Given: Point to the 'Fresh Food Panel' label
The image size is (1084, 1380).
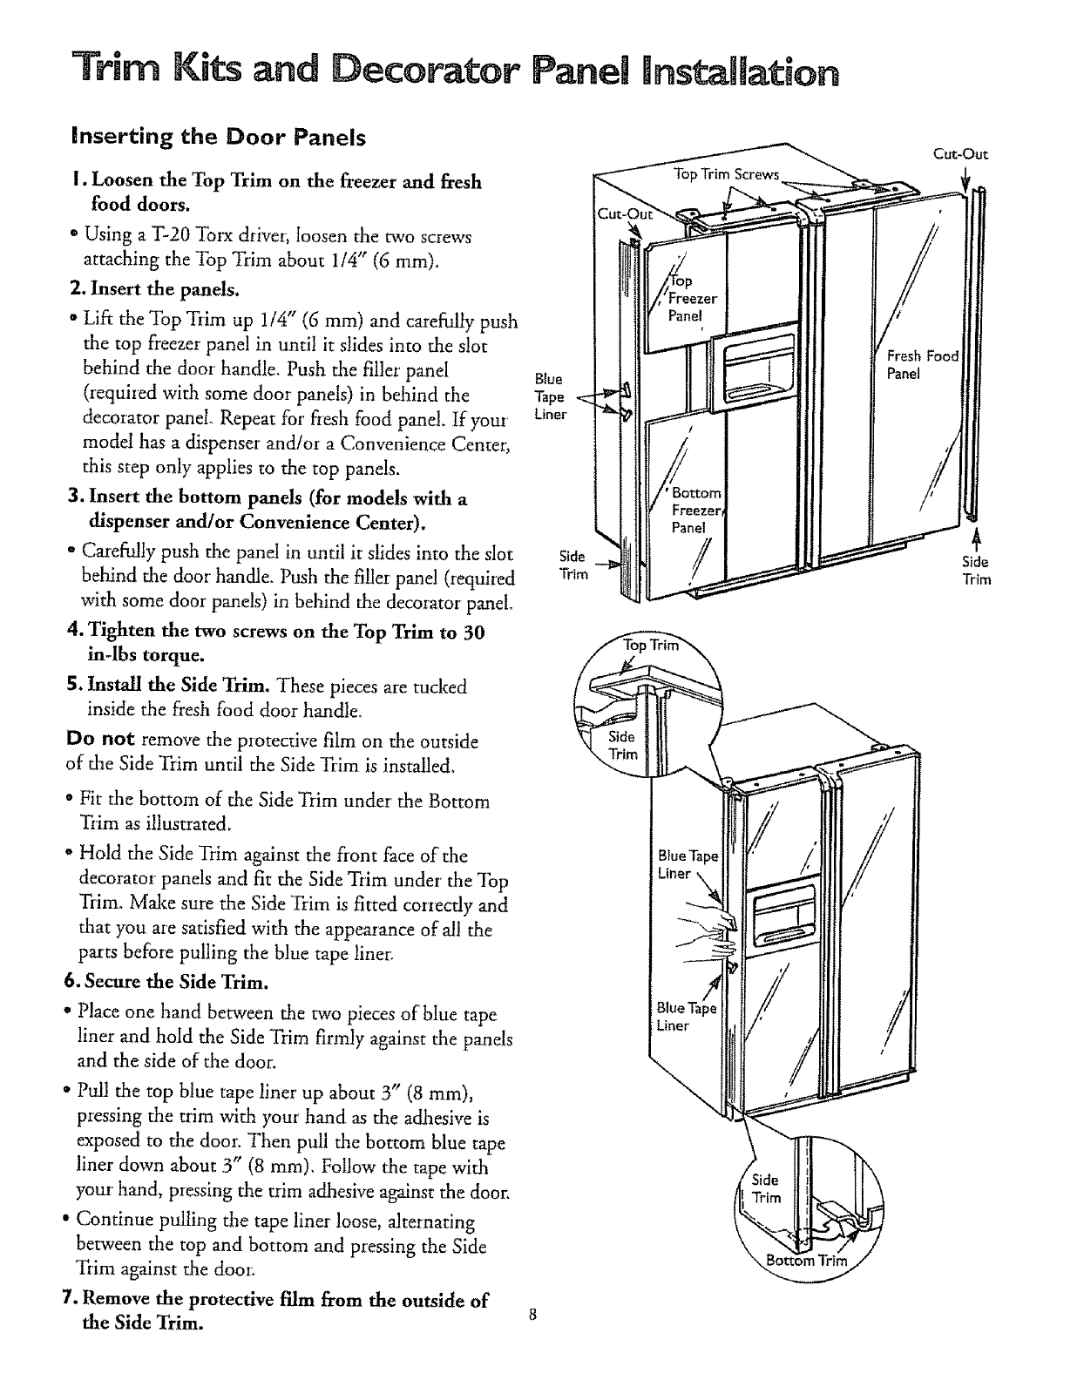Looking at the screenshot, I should (x=922, y=364).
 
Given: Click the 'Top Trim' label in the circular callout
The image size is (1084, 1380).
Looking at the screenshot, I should (x=647, y=646).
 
